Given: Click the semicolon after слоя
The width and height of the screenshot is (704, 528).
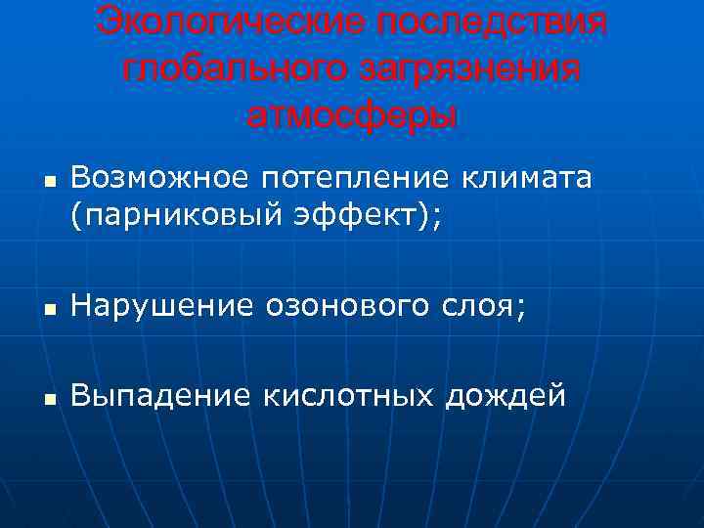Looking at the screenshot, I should [520, 309].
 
